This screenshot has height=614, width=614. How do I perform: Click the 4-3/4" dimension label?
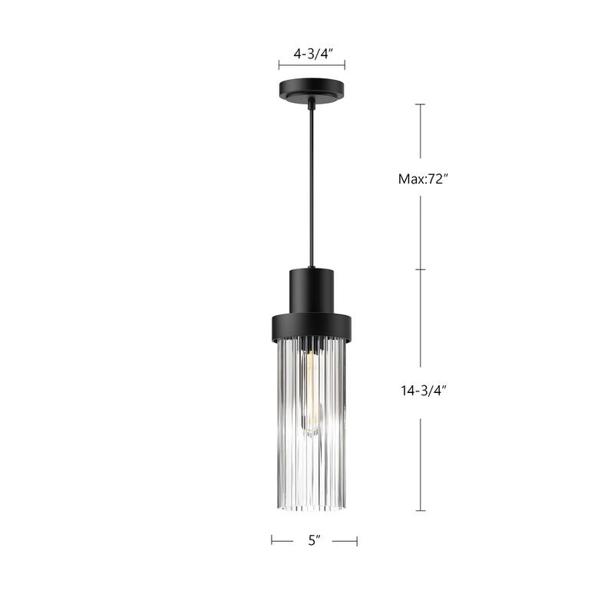311,54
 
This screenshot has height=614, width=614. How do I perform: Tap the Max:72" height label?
422,180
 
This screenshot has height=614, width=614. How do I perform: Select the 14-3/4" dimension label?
422,390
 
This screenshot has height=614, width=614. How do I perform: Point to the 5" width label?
313,540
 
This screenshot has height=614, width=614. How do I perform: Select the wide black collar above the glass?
311,327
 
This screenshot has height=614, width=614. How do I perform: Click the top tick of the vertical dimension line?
420,104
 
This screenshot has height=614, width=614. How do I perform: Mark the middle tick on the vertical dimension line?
420,270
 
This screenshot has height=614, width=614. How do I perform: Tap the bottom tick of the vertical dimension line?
420,510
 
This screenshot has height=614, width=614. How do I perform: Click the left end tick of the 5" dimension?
272,540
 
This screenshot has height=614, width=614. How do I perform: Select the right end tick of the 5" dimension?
357,540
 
